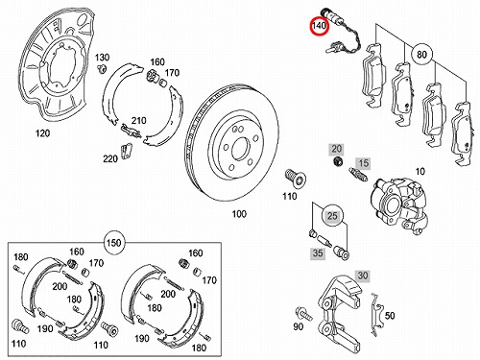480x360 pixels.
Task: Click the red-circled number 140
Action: click(x=319, y=25)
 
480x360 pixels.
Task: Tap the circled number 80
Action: click(x=421, y=55)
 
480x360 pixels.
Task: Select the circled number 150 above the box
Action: click(x=114, y=243)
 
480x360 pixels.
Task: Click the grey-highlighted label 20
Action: click(x=336, y=149)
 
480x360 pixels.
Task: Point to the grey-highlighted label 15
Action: click(x=363, y=163)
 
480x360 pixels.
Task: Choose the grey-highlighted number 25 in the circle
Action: click(x=332, y=216)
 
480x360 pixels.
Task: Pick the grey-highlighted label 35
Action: click(x=318, y=253)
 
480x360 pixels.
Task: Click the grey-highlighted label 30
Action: click(x=362, y=276)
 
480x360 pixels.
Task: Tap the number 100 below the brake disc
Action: click(x=239, y=214)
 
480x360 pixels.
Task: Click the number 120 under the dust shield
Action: click(x=42, y=133)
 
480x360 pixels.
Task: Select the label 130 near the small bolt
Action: click(x=102, y=58)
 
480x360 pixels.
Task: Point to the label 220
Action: click(x=110, y=158)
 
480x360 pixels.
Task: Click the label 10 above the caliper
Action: click(x=420, y=172)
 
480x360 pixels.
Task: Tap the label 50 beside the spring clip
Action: click(x=390, y=316)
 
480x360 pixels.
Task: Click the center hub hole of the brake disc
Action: click(x=240, y=150)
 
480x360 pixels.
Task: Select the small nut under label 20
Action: click(x=337, y=162)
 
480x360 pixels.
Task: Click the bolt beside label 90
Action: click(x=304, y=313)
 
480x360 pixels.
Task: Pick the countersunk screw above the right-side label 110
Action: click(x=295, y=178)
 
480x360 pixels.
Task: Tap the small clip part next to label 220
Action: click(x=127, y=151)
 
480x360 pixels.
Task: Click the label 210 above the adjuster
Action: click(x=138, y=121)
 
